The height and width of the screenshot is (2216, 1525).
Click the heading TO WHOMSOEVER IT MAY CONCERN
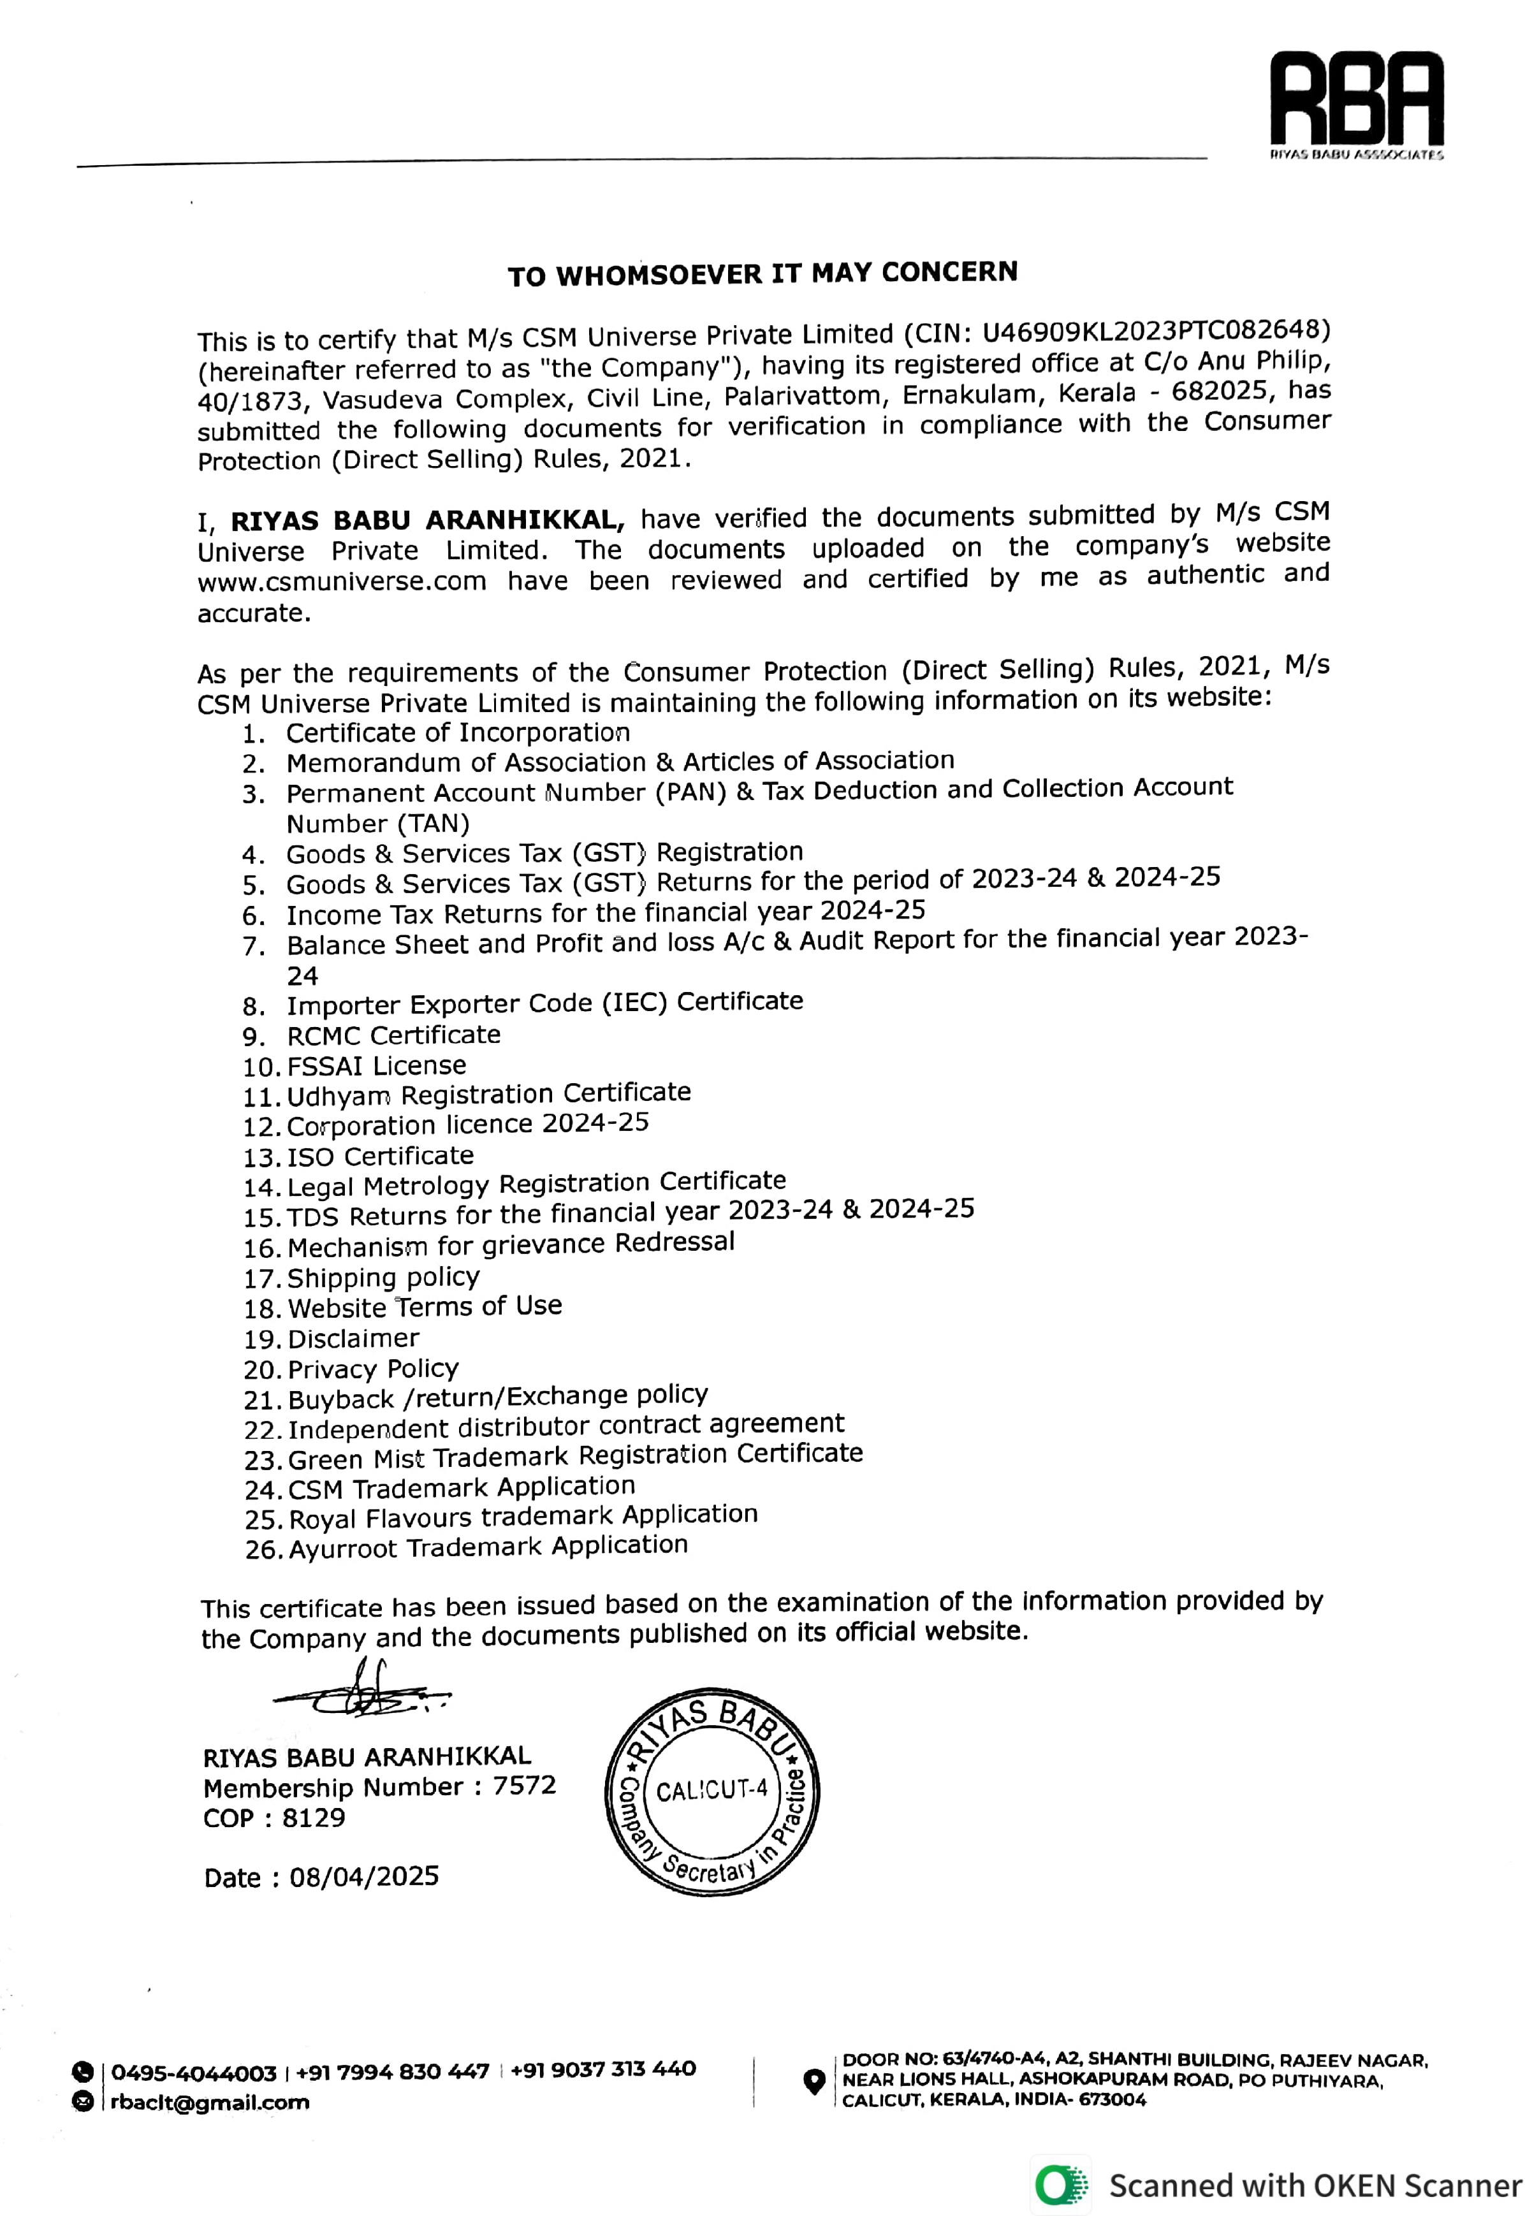click(762, 274)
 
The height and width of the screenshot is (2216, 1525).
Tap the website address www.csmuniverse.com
click(342, 581)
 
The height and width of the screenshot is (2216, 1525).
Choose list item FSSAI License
click(377, 1065)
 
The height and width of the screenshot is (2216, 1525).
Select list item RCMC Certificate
click(393, 1035)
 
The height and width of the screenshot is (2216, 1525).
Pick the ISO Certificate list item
click(381, 1156)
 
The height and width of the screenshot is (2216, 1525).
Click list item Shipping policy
click(383, 1278)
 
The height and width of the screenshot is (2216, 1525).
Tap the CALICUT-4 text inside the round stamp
click(712, 1789)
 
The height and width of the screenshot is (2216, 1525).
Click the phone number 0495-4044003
click(194, 2072)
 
